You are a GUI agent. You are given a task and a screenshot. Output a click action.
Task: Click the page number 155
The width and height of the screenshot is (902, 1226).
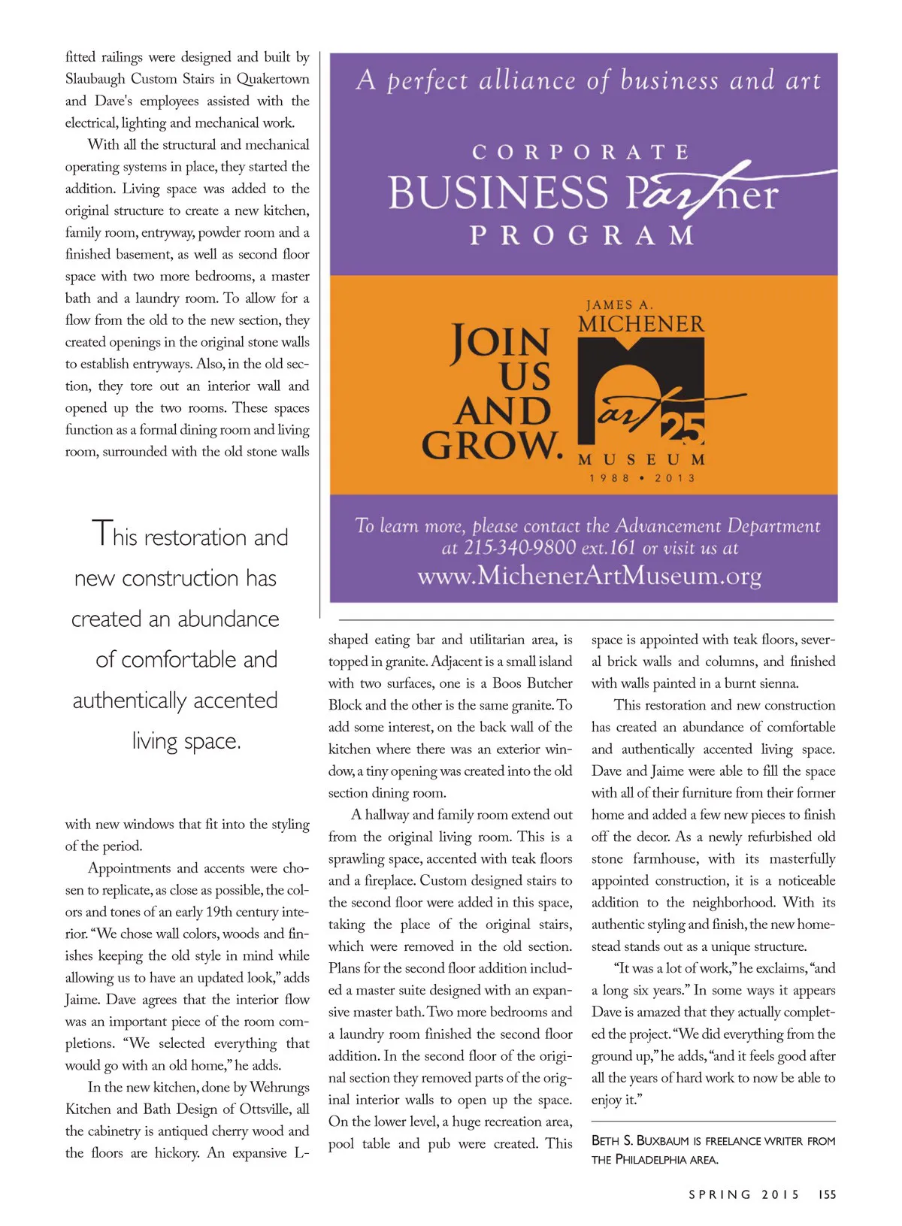click(827, 1194)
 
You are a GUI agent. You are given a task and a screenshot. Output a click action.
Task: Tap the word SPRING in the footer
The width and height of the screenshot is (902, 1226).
click(719, 1194)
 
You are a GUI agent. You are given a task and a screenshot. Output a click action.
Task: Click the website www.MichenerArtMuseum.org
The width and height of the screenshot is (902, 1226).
click(589, 576)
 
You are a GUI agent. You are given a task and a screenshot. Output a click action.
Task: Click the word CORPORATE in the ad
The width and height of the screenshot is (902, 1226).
click(581, 153)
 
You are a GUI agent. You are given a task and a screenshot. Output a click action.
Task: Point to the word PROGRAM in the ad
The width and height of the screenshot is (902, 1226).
click(583, 235)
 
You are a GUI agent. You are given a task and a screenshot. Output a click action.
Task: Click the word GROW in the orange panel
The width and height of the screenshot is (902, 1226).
click(492, 445)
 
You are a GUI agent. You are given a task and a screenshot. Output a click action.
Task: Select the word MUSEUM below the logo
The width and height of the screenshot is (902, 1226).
click(641, 459)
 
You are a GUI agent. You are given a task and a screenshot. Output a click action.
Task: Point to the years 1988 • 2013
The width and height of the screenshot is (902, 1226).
click(642, 478)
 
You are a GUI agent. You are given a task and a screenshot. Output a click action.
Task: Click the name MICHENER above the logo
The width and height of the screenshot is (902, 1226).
click(641, 324)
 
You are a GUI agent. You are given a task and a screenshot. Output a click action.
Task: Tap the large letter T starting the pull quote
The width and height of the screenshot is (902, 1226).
click(101, 534)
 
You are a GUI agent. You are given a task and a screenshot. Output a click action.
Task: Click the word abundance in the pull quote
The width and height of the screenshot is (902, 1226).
click(229, 619)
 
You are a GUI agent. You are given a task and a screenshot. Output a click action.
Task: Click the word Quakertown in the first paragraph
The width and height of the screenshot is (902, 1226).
click(272, 79)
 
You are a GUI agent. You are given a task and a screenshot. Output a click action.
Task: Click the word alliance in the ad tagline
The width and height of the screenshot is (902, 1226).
click(526, 80)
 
